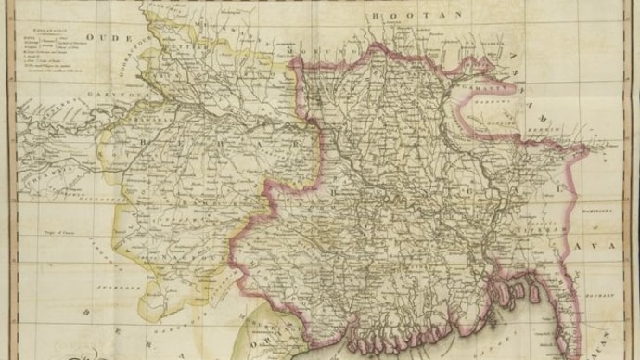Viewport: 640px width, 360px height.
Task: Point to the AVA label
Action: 597,246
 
